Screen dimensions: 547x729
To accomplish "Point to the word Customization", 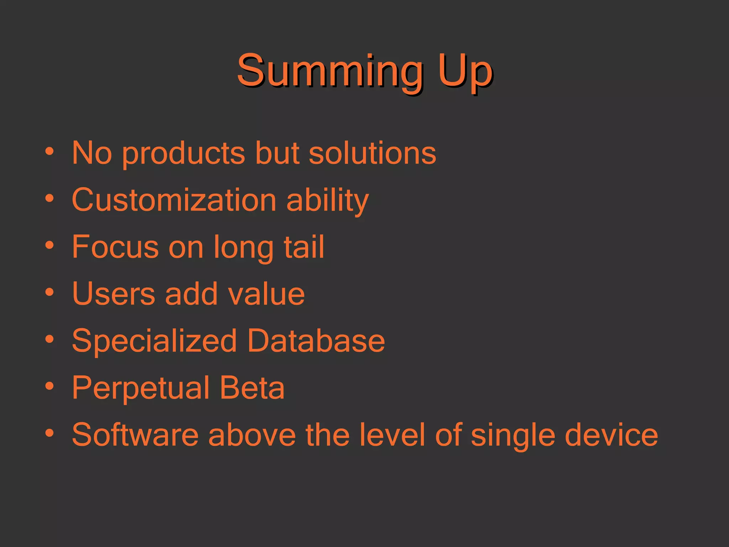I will click(174, 200).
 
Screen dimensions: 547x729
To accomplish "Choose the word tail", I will click(304, 247).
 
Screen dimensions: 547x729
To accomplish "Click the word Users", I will click(114, 294).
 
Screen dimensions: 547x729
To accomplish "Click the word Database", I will click(316, 341).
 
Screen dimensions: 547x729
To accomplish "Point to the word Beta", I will click(252, 388).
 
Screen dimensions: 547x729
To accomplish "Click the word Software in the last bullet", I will click(135, 435).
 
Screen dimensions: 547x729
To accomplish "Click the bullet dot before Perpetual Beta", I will click(49, 386).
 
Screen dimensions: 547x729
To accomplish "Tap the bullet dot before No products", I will click(49, 151).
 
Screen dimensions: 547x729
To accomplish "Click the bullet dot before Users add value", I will click(49, 292).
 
